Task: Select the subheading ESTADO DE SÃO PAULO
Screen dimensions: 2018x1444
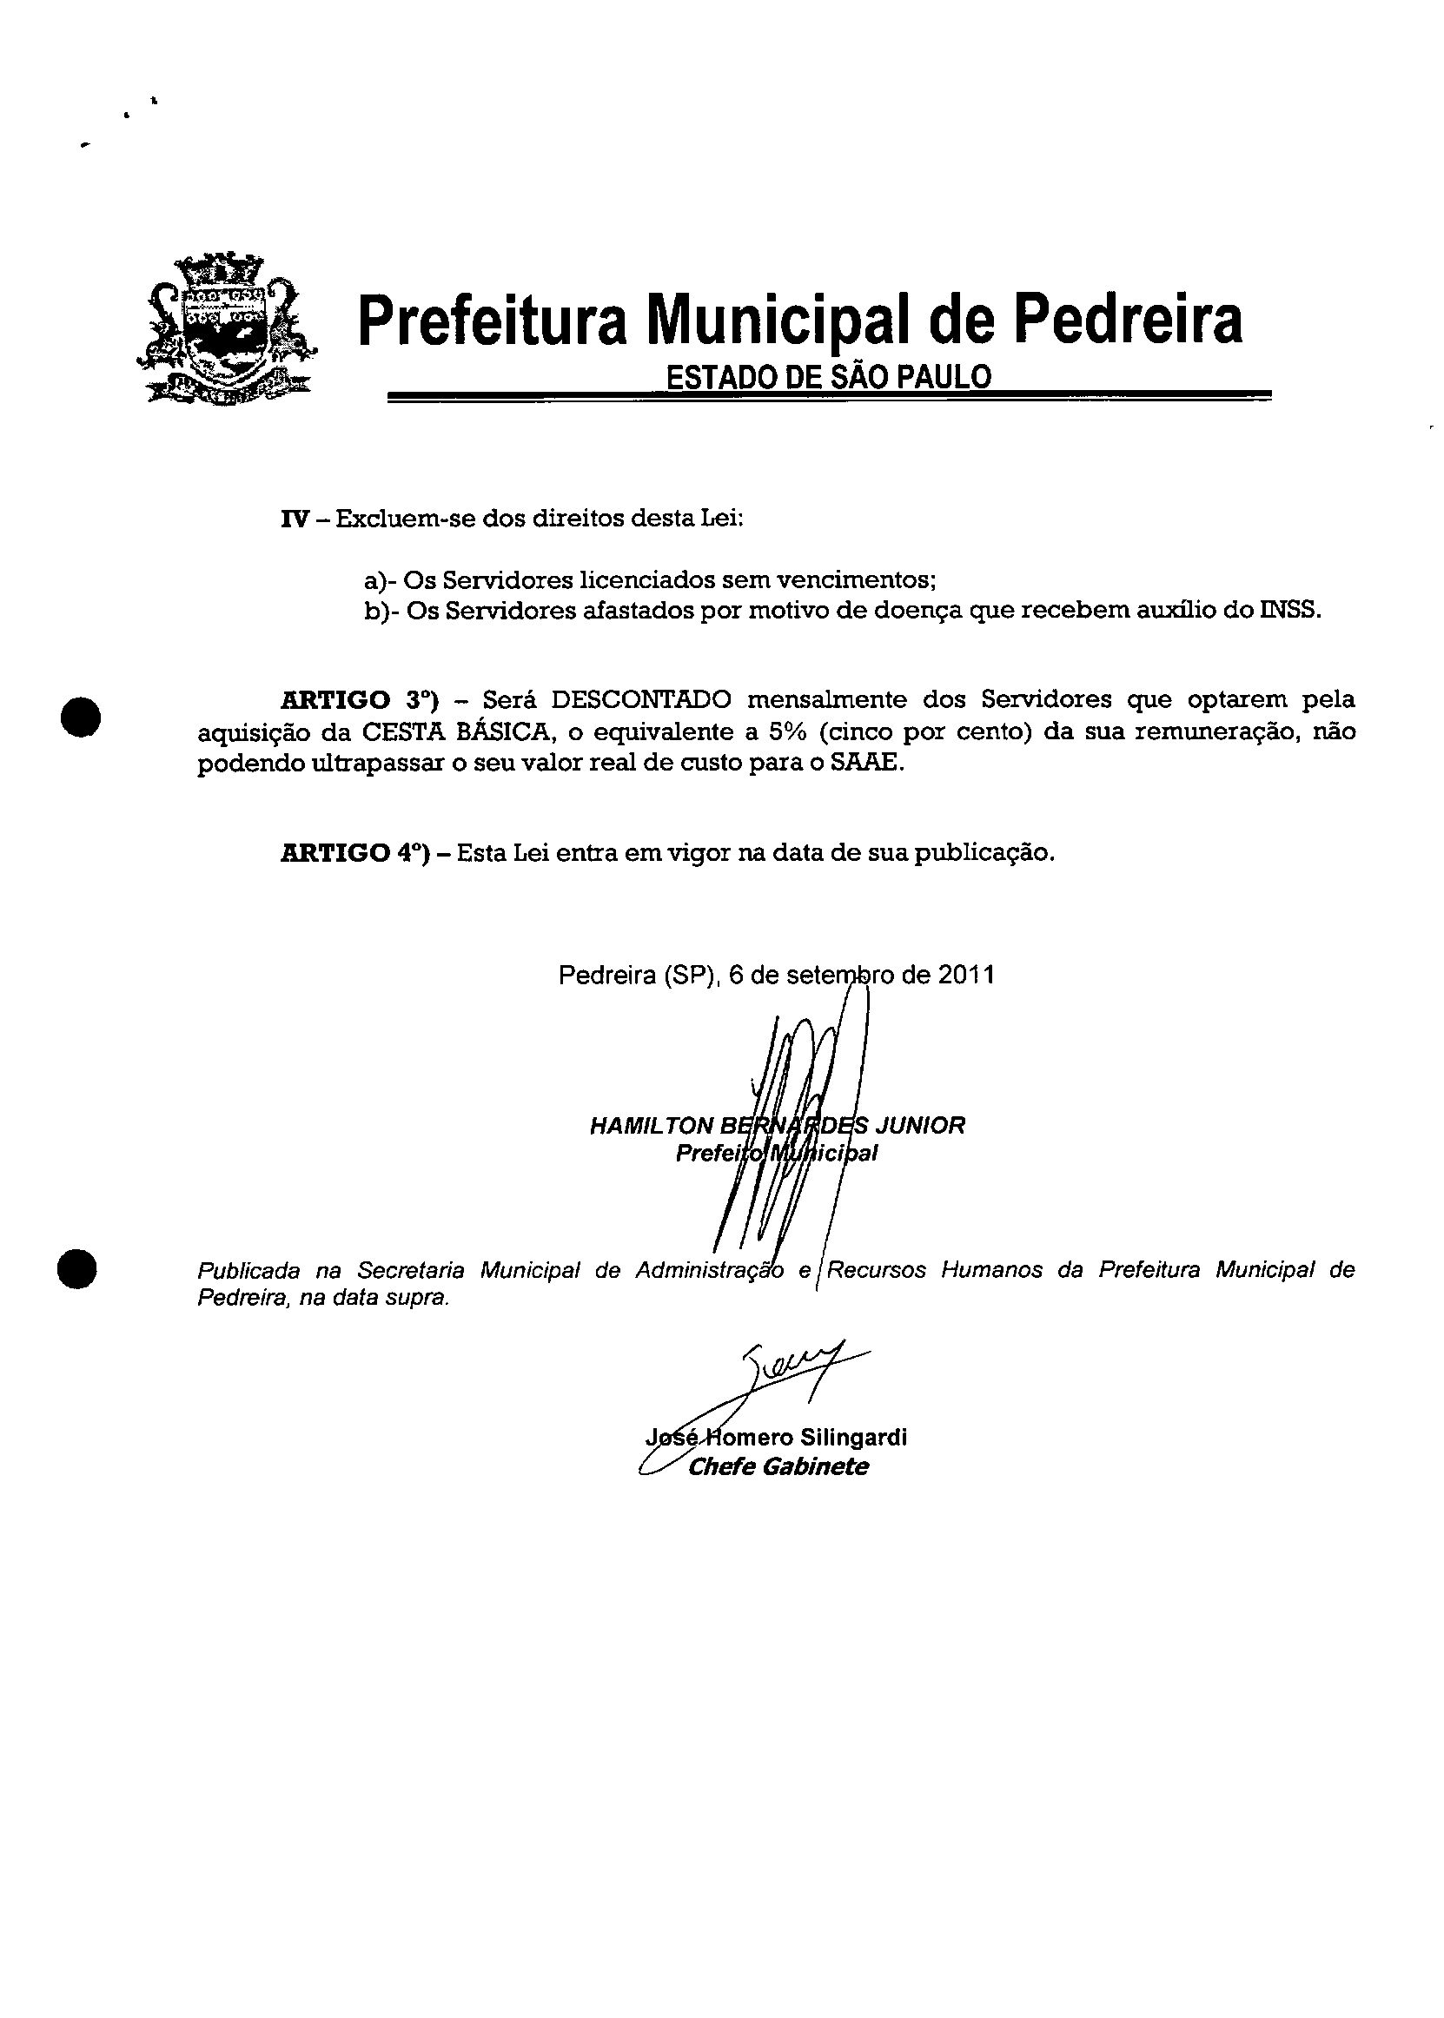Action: (828, 377)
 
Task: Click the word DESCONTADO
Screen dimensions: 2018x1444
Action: (641, 699)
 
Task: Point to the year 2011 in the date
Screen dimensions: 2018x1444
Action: (965, 976)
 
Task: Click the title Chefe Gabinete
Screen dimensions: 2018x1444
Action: (778, 1467)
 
